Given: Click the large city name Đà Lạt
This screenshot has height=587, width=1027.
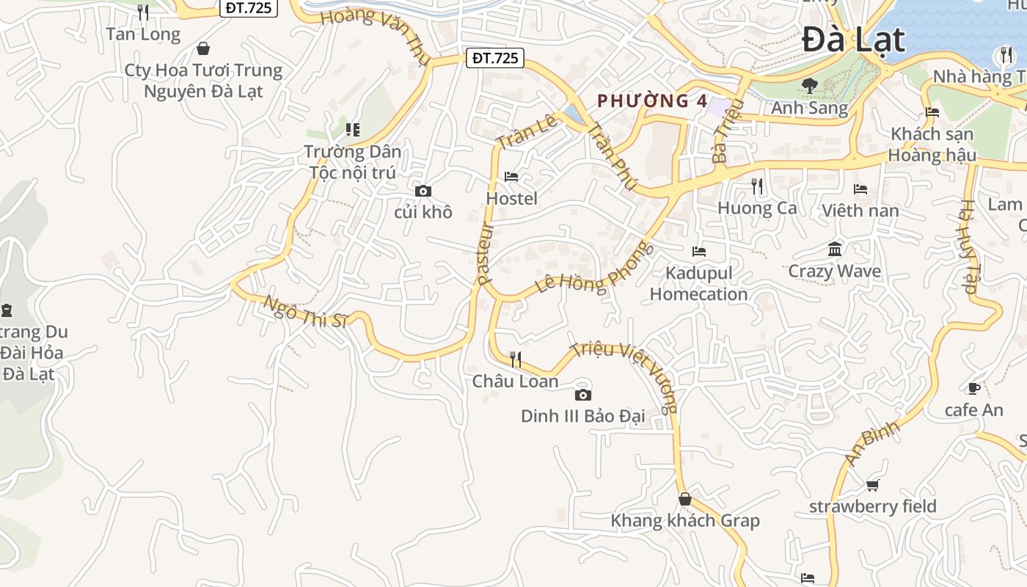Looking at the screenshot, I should pos(853,40).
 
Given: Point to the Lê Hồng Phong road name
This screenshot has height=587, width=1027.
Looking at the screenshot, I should pos(593,269).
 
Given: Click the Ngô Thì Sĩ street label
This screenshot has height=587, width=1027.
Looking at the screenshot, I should pos(304,313).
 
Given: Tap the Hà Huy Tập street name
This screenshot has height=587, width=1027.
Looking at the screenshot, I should pos(969,247).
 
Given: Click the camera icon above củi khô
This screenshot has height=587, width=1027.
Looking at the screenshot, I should pos(423,192).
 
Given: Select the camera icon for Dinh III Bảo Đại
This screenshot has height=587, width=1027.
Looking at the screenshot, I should pos(582,395).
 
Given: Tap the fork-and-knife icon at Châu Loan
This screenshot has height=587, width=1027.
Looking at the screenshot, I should pos(516,359).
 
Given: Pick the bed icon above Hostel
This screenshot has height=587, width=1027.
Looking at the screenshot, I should pos(511,177).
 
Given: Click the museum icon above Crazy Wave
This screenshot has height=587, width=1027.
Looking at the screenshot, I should pos(835,249).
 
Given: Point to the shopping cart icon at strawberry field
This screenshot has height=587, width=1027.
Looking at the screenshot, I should pos(872,485).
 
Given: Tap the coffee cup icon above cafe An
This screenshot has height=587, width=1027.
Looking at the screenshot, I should pos(973,388).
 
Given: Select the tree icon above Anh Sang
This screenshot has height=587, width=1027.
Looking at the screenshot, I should pos(810,86).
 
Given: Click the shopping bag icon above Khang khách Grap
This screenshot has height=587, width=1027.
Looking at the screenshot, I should pos(684,499).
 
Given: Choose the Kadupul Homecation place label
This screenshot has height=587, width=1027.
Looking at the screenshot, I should pos(698,283).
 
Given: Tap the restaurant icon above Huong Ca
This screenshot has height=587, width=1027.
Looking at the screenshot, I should pos(757,186).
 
